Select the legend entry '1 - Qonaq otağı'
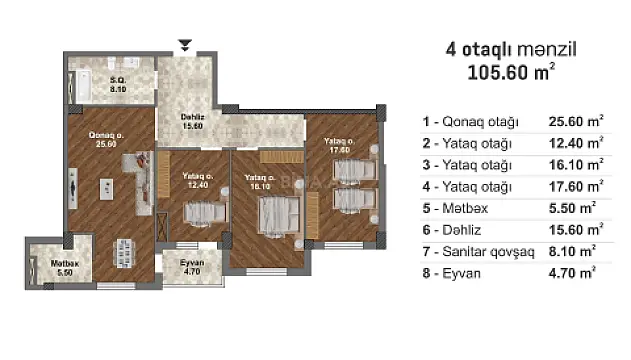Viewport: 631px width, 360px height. tap(471, 122)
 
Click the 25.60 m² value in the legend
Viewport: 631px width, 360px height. tap(576, 122)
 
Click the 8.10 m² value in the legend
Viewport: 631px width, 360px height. tap(574, 251)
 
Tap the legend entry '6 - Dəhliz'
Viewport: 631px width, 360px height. tap(456, 230)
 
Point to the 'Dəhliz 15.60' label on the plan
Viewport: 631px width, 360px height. tap(193, 121)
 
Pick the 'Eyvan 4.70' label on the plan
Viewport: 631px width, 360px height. tap(191, 266)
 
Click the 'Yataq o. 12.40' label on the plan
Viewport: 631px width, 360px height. tap(196, 180)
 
